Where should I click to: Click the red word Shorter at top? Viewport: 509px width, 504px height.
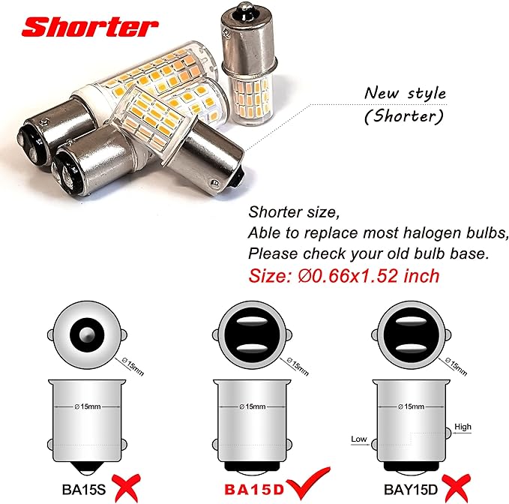tap(90, 27)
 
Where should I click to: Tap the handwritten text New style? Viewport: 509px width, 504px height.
tap(405, 94)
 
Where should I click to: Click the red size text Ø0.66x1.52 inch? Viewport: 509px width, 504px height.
tap(368, 276)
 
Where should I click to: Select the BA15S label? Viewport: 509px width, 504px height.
tap(84, 490)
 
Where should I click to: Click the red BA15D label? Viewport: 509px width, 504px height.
tap(254, 490)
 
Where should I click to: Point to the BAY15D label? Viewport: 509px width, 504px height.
tap(411, 490)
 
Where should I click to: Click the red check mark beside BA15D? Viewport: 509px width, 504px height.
tap(308, 483)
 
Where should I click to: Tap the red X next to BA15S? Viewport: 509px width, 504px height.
tap(126, 487)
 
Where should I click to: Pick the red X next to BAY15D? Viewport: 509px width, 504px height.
tap(457, 487)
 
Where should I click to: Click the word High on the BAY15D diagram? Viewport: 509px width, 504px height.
tap(463, 427)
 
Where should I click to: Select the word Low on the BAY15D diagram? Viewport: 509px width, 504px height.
tap(359, 439)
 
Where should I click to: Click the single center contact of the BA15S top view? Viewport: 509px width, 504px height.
tap(87, 334)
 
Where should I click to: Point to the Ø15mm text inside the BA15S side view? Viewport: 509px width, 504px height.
tap(87, 406)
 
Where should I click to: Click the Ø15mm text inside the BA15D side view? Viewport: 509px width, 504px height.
tap(252, 406)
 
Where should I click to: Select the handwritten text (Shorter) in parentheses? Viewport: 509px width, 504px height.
tap(403, 116)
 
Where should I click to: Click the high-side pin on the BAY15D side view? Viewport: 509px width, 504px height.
tap(448, 433)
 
